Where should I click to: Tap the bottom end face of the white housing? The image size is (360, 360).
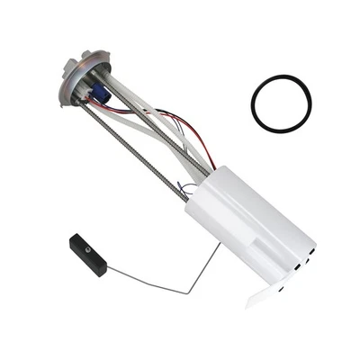[297, 261]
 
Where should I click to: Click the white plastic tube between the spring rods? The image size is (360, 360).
[148, 121]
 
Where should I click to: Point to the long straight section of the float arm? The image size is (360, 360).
[144, 283]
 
